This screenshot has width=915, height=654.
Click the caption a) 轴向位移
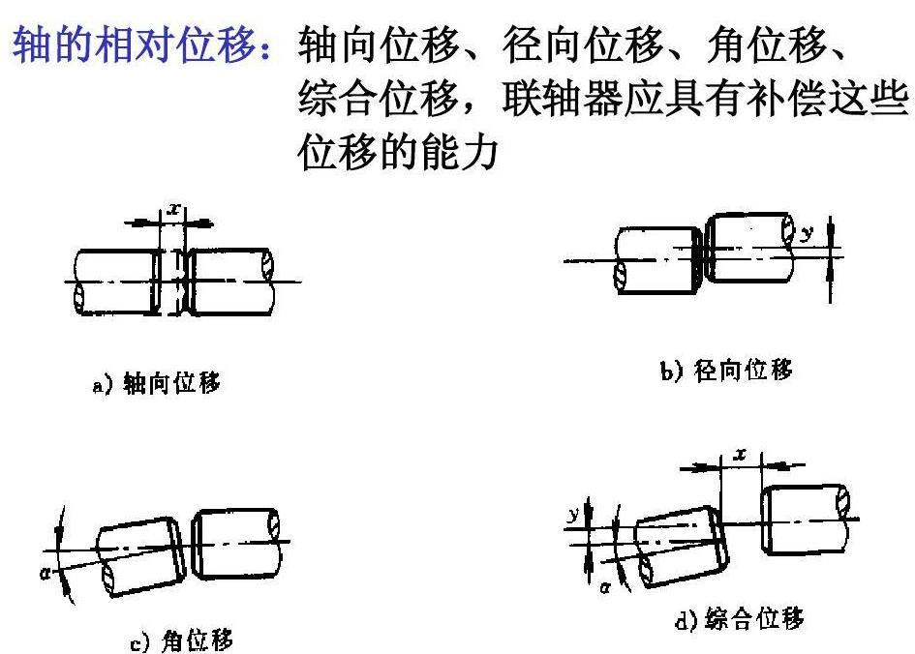[157, 383]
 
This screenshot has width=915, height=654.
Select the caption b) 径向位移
[726, 371]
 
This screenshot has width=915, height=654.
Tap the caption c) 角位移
[181, 640]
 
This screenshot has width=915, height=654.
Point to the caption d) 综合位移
[739, 618]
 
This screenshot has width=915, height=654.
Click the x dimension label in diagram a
[172, 208]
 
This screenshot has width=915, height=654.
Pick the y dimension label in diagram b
[807, 233]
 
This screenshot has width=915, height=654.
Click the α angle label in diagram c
[46, 574]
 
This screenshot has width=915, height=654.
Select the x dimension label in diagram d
[741, 454]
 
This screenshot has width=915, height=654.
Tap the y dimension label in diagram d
[574, 514]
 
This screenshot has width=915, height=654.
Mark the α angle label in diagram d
[605, 587]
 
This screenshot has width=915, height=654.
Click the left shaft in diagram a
[117, 282]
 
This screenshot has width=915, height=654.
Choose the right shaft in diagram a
[229, 282]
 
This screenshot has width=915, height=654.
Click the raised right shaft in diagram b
[749, 247]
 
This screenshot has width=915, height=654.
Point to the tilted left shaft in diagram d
[681, 547]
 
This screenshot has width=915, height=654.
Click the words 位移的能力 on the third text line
[398, 152]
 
